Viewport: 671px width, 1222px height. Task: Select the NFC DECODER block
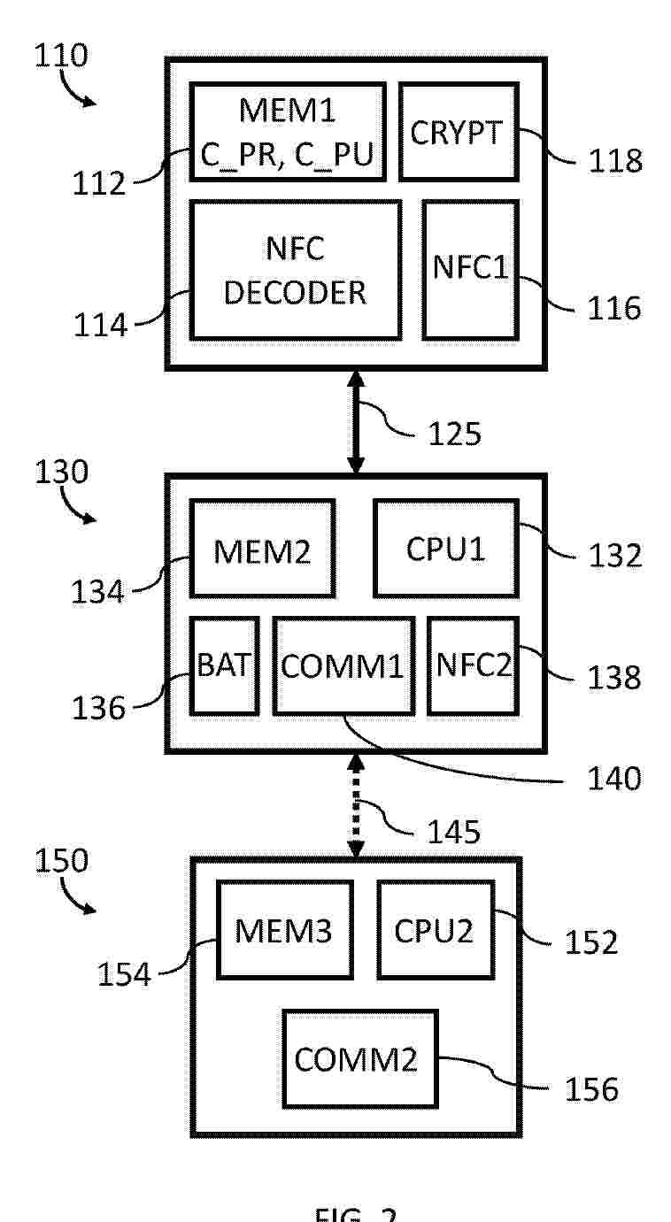[295, 270]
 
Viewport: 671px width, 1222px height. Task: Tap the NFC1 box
[470, 269]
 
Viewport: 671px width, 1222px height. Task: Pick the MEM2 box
[262, 548]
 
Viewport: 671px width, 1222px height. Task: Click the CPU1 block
[445, 548]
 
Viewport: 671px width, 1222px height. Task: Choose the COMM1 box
[343, 665]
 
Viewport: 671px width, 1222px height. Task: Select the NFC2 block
[474, 665]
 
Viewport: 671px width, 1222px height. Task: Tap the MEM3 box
[283, 928]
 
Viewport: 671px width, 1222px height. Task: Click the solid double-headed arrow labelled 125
[356, 422]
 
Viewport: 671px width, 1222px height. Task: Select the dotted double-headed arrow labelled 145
[356, 804]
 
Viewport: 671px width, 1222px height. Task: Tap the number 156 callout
[591, 1088]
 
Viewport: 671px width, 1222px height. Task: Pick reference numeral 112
[100, 183]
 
